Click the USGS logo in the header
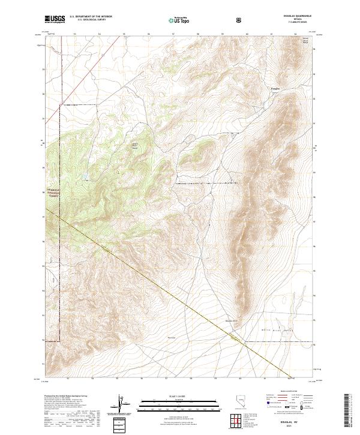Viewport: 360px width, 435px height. (56, 19)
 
